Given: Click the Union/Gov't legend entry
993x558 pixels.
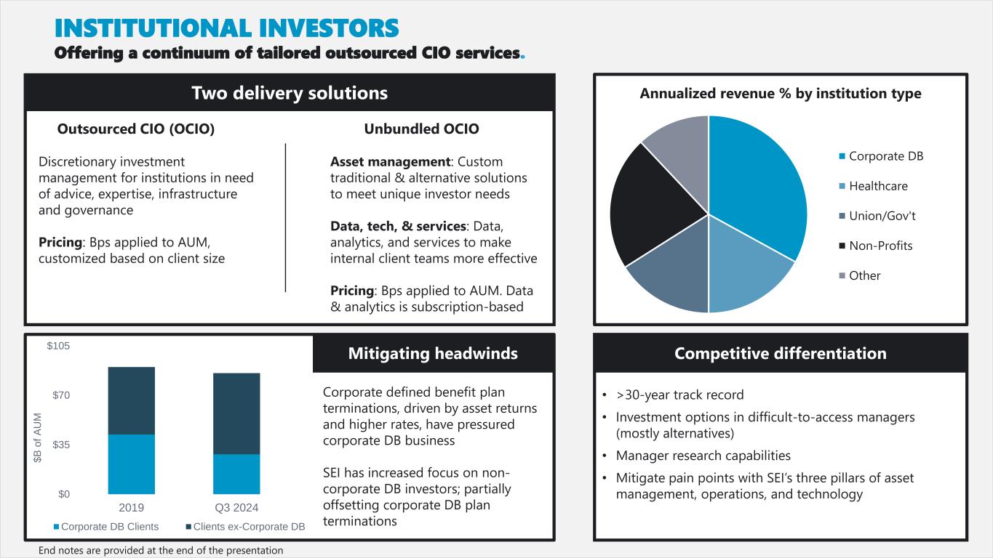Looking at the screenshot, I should pos(882,216).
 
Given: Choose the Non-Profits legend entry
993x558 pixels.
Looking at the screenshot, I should pos(880,246).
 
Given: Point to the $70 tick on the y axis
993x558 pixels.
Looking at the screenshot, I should pos(58,395).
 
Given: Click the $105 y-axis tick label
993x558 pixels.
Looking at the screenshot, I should pos(58,346).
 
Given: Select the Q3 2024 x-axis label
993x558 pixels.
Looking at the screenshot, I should pos(236,507).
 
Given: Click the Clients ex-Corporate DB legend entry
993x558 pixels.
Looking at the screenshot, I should pos(249,526).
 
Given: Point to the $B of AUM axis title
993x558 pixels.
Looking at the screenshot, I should pos(38,437).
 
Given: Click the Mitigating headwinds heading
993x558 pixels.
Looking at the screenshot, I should pos(433,354).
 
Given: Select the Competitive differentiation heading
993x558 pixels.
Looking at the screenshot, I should pos(780,354).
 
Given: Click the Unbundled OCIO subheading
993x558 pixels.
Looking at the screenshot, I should pos(421,129).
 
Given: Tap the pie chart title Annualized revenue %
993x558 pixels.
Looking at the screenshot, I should pos(780,94).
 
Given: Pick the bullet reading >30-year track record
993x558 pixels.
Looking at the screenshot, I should pos(679,395).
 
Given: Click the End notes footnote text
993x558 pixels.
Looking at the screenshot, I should pos(161,550).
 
